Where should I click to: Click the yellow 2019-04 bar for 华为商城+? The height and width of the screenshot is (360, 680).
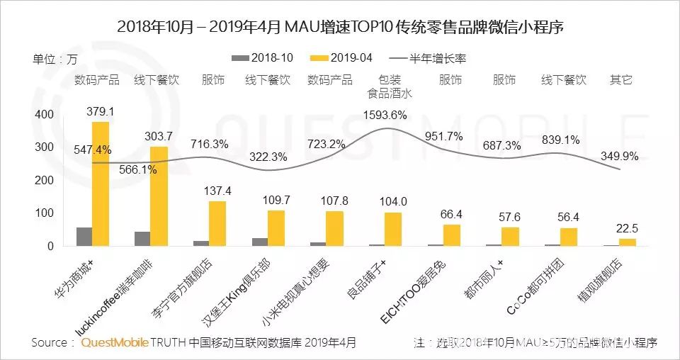pos(101,184)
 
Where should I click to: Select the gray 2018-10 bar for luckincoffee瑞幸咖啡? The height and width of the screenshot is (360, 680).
pos(142,239)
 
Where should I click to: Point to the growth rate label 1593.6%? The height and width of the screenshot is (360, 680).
pos(385,114)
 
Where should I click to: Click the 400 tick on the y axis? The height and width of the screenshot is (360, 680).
pos(45,115)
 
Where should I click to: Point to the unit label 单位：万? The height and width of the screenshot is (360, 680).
pos(56,58)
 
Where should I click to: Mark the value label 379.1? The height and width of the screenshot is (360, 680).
pos(101,112)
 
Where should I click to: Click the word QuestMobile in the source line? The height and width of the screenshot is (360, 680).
pos(115,343)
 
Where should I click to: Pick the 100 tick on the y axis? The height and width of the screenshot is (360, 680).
pos(45,213)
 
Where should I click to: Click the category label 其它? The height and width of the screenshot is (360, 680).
pos(620,80)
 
